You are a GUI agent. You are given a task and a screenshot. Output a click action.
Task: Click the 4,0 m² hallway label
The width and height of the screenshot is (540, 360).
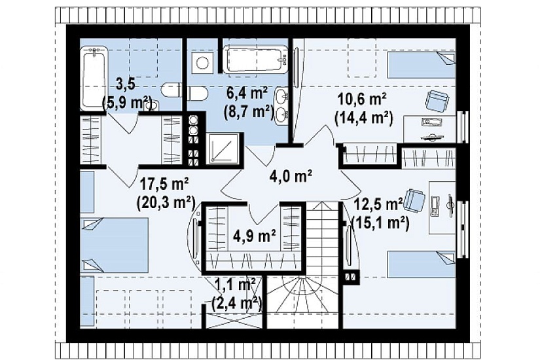291,176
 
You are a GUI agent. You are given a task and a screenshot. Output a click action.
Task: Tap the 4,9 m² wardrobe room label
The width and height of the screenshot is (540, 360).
254,236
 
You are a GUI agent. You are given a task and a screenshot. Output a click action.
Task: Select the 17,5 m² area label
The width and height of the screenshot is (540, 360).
164,185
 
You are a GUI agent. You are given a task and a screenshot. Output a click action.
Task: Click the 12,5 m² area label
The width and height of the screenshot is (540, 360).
378,205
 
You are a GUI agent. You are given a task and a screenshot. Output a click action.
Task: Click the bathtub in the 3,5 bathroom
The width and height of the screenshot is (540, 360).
94,79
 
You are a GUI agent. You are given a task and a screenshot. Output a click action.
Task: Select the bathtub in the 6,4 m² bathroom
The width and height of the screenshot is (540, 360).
255,60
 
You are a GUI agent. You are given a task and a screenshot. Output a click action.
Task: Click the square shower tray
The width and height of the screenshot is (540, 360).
223,148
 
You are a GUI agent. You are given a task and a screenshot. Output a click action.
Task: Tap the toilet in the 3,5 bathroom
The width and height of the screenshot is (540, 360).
171,90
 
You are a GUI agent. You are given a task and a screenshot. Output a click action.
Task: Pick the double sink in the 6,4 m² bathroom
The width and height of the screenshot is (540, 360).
282,105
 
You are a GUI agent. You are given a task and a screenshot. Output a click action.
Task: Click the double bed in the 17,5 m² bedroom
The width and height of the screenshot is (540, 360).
114,245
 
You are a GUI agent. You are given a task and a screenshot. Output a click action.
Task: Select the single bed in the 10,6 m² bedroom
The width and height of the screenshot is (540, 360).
421,65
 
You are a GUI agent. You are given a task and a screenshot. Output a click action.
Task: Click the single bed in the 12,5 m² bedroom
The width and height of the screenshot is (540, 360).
422,264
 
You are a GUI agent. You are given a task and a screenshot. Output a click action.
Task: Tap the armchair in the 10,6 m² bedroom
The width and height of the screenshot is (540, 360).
437,101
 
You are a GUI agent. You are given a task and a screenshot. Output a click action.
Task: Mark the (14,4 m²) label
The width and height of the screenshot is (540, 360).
364,118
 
